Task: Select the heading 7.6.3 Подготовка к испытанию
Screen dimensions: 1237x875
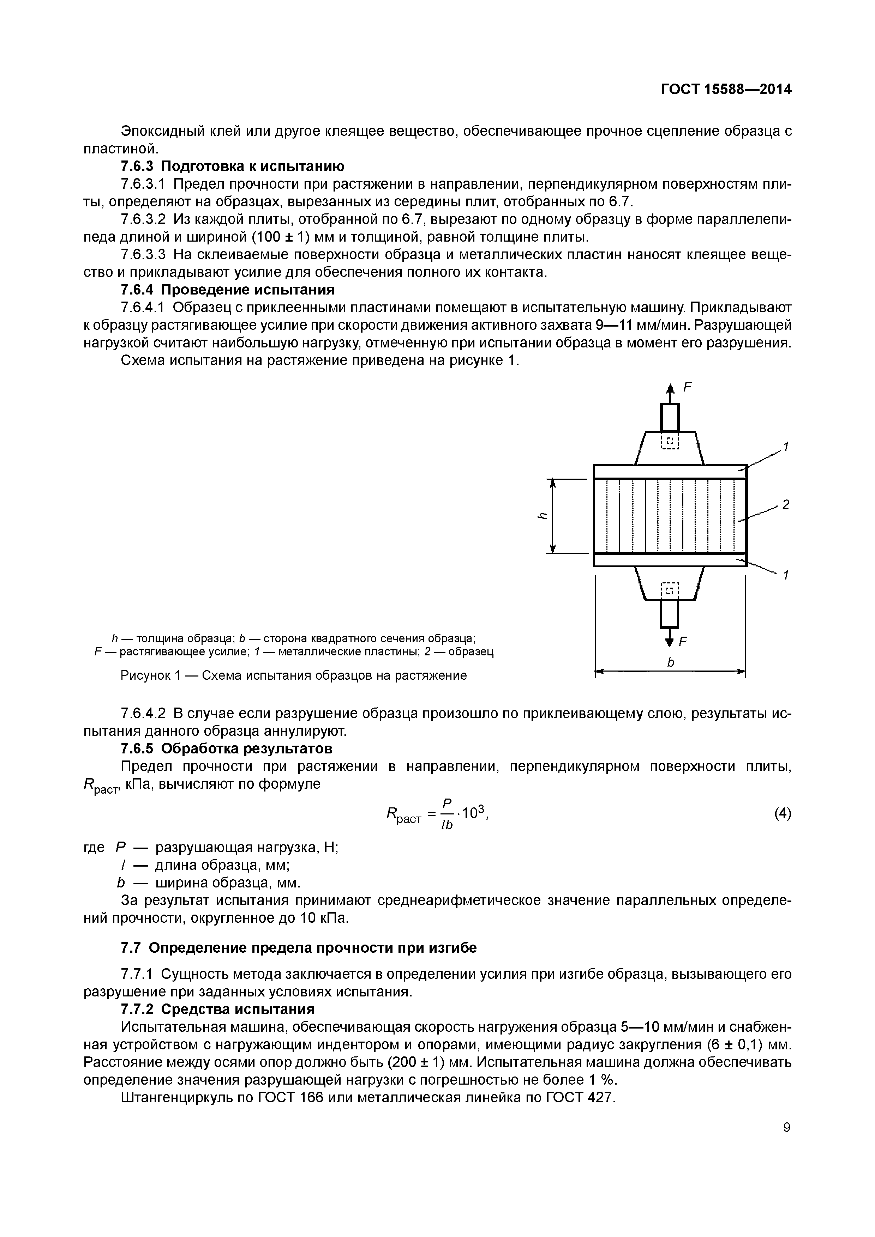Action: [232, 166]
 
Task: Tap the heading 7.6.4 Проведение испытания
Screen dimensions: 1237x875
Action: [228, 290]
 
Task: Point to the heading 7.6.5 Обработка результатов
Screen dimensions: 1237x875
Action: [227, 748]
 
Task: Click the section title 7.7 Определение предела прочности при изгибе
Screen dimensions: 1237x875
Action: [299, 948]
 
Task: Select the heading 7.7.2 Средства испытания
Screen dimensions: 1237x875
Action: [218, 1009]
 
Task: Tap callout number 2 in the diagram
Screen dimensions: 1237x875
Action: [785, 505]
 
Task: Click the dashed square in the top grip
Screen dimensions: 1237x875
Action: [670, 441]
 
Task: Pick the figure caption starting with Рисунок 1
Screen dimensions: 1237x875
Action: [294, 675]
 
